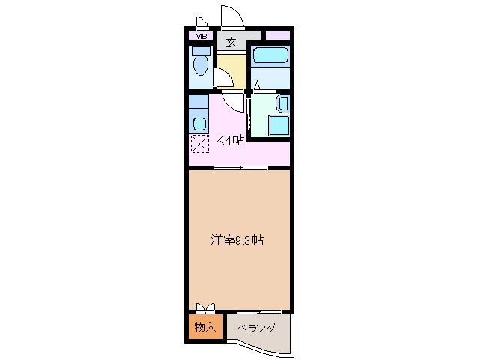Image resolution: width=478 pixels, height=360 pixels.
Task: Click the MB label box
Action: (x=201, y=36)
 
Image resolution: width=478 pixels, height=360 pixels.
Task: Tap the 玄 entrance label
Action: (x=232, y=43)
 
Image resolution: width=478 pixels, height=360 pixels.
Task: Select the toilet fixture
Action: (x=200, y=64)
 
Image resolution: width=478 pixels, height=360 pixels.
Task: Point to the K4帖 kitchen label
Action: (x=229, y=140)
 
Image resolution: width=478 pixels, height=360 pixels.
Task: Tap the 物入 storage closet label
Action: (x=205, y=327)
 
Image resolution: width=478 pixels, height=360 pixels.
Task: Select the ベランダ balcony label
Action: (x=257, y=328)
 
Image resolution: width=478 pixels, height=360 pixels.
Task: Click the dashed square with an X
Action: (x=199, y=145)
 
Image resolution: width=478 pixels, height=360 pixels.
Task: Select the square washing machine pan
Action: (x=278, y=125)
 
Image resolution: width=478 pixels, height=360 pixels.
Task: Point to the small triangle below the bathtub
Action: (x=256, y=83)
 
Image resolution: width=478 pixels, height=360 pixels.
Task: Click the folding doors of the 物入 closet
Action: (x=205, y=307)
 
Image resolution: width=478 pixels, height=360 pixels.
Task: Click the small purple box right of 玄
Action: (x=278, y=35)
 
